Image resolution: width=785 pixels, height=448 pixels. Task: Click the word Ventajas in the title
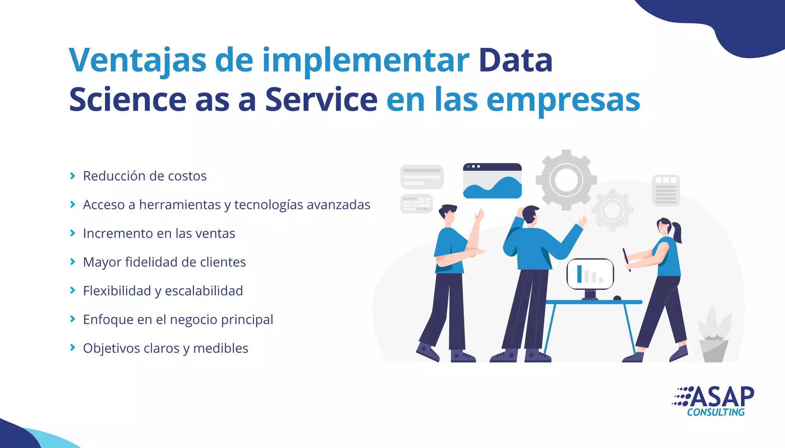click(x=138, y=60)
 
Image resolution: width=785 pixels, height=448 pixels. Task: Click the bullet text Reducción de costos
click(x=145, y=176)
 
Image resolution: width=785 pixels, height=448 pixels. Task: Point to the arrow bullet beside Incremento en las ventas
click(x=72, y=233)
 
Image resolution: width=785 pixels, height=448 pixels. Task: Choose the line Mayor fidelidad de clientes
click(x=164, y=262)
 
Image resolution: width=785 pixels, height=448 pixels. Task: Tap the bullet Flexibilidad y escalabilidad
click(x=163, y=291)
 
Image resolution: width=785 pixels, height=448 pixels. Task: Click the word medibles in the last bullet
click(x=221, y=348)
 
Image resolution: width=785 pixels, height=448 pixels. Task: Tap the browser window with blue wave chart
click(x=492, y=181)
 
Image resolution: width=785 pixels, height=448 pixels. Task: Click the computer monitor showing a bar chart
click(x=590, y=274)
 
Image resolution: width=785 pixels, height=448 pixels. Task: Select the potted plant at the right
click(x=714, y=335)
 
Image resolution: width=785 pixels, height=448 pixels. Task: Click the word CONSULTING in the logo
click(x=716, y=412)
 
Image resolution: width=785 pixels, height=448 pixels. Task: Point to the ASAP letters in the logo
click(x=723, y=397)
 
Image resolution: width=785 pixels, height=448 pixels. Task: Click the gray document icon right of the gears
click(x=666, y=190)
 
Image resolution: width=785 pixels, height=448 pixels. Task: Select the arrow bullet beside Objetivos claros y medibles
click(x=72, y=348)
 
